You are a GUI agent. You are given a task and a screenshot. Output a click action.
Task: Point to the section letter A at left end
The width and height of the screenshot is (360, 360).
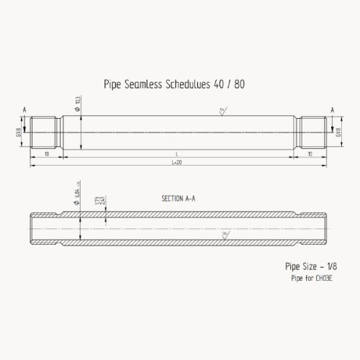(x=24, y=109)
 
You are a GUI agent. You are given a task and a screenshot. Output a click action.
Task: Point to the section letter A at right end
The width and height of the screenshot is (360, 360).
(x=333, y=109)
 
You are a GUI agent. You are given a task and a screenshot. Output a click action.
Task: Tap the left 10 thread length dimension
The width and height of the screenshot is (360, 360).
(x=46, y=154)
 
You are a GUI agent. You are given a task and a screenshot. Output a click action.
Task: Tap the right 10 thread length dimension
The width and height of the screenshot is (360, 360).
(x=310, y=154)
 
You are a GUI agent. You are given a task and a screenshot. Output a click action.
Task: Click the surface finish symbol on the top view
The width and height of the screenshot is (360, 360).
(x=222, y=110)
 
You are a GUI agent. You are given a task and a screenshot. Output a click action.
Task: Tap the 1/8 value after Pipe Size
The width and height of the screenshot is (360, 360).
(x=332, y=266)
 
